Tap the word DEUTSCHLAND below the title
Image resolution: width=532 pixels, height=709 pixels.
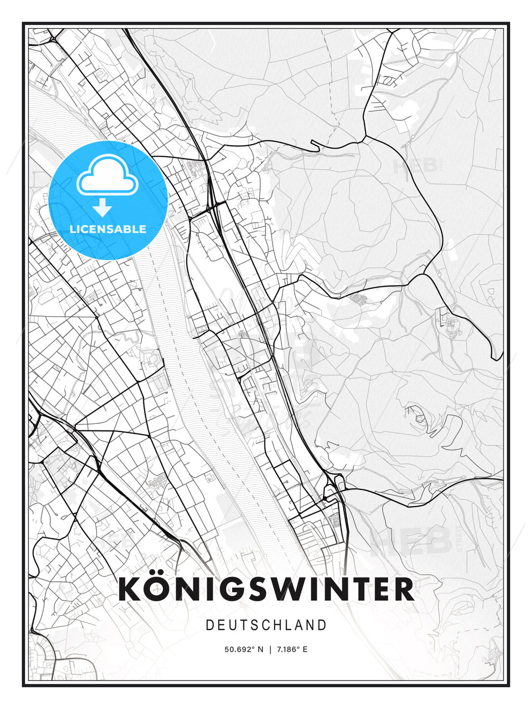(x=266, y=625)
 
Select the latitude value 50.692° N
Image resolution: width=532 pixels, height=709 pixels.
(x=244, y=649)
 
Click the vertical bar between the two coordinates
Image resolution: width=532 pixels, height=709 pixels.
(x=270, y=649)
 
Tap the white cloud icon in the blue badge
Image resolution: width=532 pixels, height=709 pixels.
(x=106, y=174)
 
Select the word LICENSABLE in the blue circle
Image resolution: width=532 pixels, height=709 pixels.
(x=108, y=229)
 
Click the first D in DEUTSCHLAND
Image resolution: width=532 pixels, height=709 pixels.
(x=209, y=625)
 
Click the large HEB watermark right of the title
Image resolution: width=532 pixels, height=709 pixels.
(x=411, y=541)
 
